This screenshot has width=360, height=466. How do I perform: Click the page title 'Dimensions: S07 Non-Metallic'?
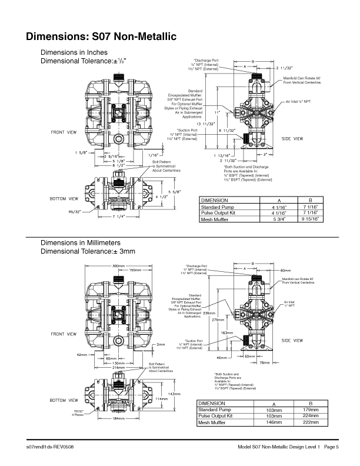[x=101, y=37]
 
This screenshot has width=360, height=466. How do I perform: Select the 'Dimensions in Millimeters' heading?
[x=81, y=242]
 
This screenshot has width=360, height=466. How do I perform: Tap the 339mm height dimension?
[x=209, y=313]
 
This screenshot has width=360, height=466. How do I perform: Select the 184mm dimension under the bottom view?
[x=120, y=434]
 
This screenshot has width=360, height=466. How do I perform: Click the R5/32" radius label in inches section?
[x=75, y=211]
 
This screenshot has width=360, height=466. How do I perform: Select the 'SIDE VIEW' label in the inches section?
[x=292, y=138]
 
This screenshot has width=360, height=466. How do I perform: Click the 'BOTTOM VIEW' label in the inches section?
[x=65, y=198]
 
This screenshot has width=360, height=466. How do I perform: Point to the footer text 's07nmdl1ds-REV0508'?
[x=49, y=448]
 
